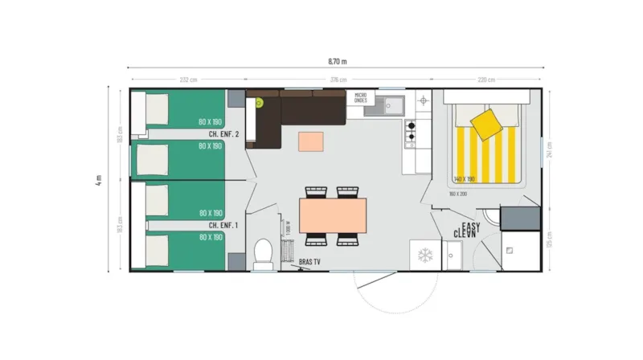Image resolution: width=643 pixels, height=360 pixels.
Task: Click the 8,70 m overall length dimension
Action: [338, 61]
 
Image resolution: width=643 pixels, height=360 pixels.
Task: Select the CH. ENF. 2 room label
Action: [223, 134]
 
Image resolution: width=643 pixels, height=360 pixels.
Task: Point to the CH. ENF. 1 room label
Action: [223, 226]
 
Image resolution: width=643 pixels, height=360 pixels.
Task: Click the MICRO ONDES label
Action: [360, 99]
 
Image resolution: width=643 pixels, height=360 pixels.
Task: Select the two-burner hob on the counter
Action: [410, 132]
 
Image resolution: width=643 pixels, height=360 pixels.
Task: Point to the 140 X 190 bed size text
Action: [465, 178]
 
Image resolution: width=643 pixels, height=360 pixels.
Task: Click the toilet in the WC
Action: [260, 254]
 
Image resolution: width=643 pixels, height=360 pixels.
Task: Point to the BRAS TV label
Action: [309, 262]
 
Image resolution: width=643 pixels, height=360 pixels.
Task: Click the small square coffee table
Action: [312, 141]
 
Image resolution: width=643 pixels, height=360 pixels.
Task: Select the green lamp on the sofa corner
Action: [260, 103]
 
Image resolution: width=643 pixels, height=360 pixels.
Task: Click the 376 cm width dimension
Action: [338, 80]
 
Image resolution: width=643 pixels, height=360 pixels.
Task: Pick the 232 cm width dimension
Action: [188, 80]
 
